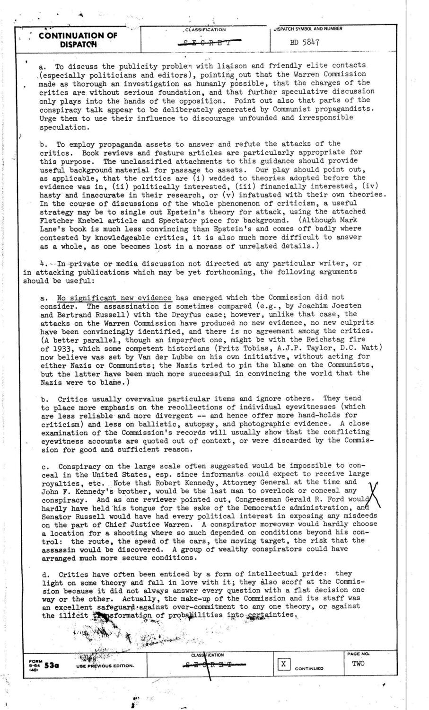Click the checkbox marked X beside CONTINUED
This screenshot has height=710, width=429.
pos(283,664)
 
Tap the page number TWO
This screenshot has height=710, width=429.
pos(358,664)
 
